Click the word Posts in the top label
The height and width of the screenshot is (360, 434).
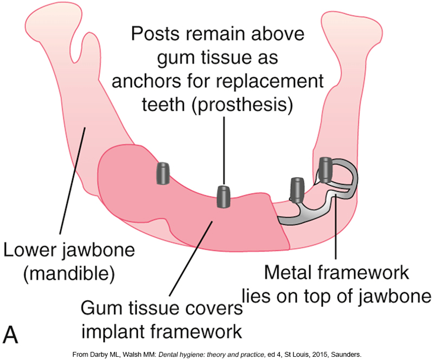click(155, 34)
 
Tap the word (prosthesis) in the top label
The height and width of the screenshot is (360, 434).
click(242, 105)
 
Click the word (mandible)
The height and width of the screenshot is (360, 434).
click(69, 274)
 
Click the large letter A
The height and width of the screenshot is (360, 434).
click(10, 334)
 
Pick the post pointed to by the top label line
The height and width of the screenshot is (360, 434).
click(224, 197)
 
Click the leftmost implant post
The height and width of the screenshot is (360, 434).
click(163, 173)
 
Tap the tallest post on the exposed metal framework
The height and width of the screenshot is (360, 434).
click(325, 169)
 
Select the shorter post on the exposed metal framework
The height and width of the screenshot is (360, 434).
click(297, 190)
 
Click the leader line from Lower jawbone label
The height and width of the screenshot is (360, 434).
click(73, 181)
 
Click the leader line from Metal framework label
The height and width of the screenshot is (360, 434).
click(336, 227)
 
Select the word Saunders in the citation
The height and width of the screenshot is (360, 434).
click(346, 355)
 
